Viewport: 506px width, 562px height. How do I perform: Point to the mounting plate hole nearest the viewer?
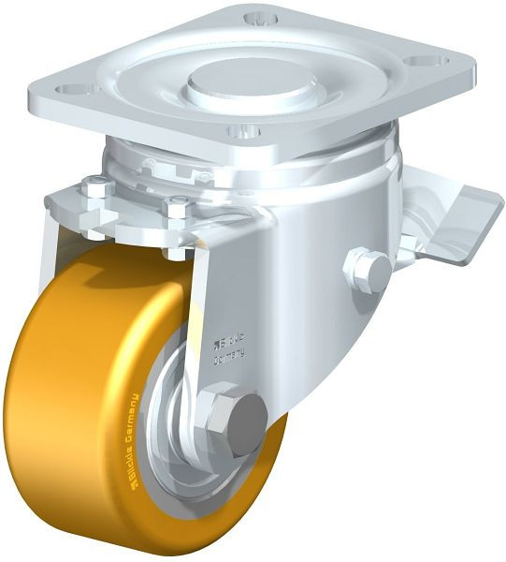[x=246, y=132]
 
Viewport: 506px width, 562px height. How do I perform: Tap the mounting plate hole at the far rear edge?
[x=259, y=18]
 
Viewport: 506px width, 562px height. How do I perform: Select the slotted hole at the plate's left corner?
[x=73, y=90]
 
